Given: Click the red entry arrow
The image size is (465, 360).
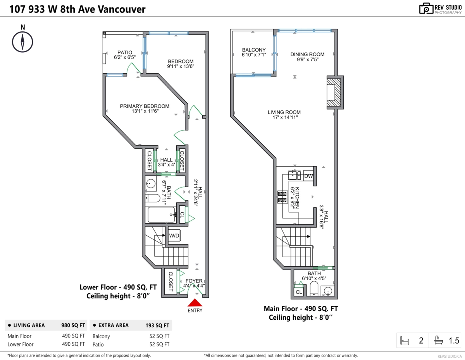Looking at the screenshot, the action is (195, 303).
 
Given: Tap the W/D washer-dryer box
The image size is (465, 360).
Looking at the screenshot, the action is (174, 235).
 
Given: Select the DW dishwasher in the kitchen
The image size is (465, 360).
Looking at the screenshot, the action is (308, 176).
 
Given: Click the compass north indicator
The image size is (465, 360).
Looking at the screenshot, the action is (22, 42).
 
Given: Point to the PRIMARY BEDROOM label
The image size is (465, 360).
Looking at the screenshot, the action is (145, 106).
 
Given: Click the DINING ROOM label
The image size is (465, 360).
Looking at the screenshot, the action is (307, 54).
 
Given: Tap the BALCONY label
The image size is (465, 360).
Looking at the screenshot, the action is (254, 50).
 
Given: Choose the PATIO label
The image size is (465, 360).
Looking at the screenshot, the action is (125, 52).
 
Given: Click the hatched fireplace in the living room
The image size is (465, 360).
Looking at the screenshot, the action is (334, 92).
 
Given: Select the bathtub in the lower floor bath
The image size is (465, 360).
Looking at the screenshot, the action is (161, 215).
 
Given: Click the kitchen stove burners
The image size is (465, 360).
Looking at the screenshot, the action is (282, 197).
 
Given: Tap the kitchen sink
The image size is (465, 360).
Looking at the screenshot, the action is (294, 175).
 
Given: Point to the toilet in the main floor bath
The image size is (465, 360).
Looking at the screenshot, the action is (314, 288).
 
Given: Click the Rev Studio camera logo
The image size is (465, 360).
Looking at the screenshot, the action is (426, 9).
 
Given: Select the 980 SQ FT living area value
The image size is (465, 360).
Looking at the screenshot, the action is (73, 325).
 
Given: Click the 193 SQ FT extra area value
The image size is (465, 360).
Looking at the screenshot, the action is (157, 326).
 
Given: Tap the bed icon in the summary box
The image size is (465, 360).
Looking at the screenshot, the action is (405, 340).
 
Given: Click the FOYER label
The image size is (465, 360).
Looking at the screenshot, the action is (194, 281).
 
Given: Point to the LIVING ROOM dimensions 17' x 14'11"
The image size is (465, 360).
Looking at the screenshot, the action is (285, 117).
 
